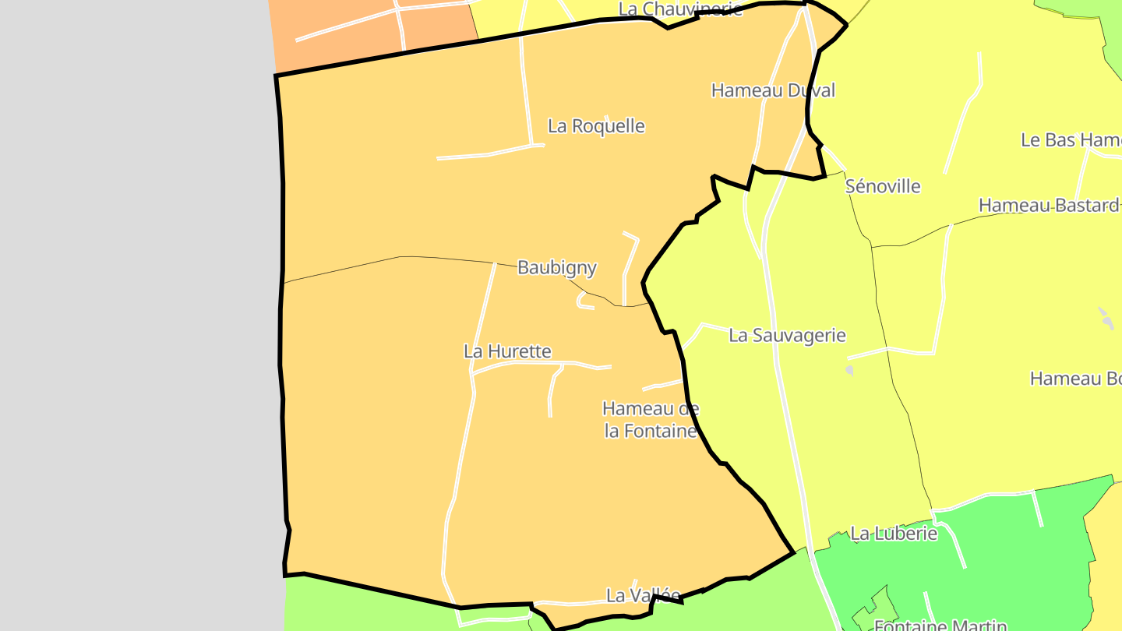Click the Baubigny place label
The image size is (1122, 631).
(557, 268)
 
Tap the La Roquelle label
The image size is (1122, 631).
(596, 126)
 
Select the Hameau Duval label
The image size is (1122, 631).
(772, 90)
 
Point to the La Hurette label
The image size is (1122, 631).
(507, 351)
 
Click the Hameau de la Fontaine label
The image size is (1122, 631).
(651, 419)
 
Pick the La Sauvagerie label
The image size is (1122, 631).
(787, 336)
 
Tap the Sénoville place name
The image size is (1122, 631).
(883, 187)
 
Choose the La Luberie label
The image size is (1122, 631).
(893, 534)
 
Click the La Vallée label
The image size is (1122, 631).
(632, 595)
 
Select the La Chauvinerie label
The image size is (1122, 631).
(680, 9)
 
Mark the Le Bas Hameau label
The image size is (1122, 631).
(1071, 140)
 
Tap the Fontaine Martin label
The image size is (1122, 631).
(940, 625)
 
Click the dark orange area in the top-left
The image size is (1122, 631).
(366, 35)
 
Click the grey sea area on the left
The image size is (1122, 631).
(132, 312)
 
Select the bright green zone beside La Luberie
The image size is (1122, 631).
(1013, 545)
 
